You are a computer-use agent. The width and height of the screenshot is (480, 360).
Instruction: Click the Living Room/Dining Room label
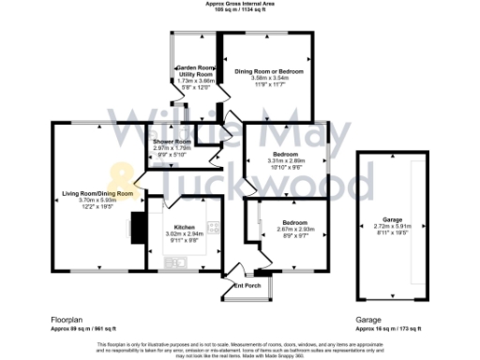click(x=98, y=193)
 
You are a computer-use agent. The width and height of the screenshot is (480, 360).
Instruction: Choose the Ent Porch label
click(x=247, y=284)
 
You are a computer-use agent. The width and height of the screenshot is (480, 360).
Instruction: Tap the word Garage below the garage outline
click(x=367, y=320)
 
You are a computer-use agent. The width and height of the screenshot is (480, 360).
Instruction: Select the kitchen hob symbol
click(x=214, y=227)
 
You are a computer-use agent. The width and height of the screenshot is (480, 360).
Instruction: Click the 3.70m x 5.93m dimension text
click(x=98, y=200)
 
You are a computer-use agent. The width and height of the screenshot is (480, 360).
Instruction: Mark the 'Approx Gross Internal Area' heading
click(x=240, y=4)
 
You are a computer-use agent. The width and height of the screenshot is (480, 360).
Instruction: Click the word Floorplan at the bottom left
click(x=67, y=320)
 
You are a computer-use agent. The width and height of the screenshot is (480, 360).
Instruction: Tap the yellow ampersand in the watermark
click(x=121, y=175)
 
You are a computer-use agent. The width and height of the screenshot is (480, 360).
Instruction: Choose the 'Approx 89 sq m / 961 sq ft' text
click(x=83, y=329)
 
